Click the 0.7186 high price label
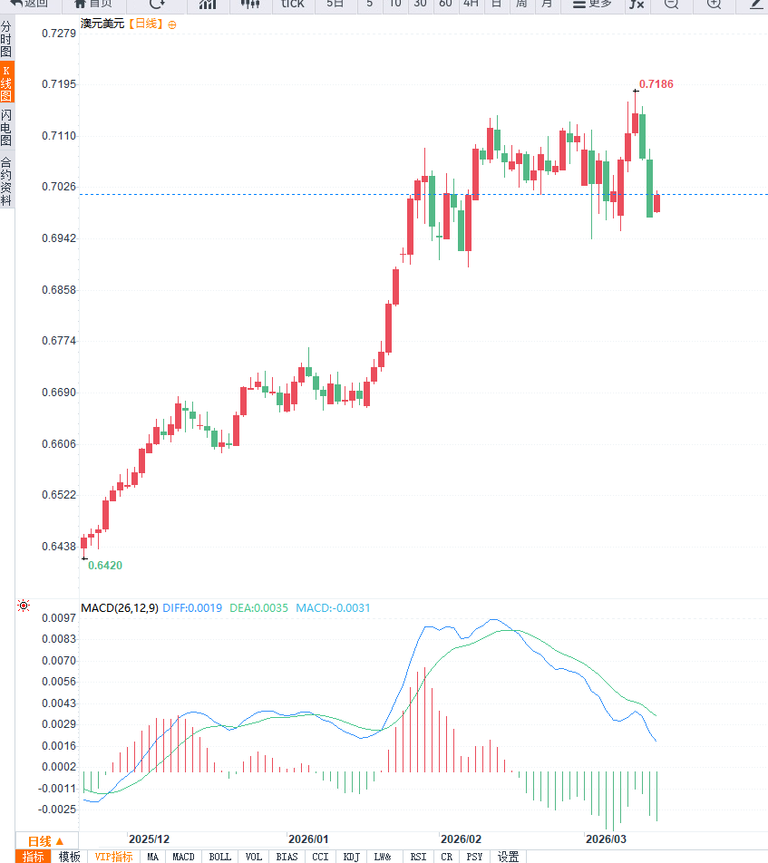[x=656, y=84]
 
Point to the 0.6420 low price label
[x=104, y=565]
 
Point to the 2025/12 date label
[x=149, y=839]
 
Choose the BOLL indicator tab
[x=219, y=857]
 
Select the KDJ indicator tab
[x=352, y=857]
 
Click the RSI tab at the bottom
[x=418, y=857]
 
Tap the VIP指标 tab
[x=114, y=857]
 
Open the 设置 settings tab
[x=508, y=857]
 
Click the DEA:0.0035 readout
[x=258, y=608]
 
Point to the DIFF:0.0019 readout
[x=192, y=608]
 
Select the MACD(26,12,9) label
[x=119, y=608]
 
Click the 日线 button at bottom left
[x=45, y=840]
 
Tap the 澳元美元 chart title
[x=102, y=24]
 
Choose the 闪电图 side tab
[x=6, y=129]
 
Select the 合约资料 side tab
[x=6, y=181]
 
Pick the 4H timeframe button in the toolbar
[x=471, y=4]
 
